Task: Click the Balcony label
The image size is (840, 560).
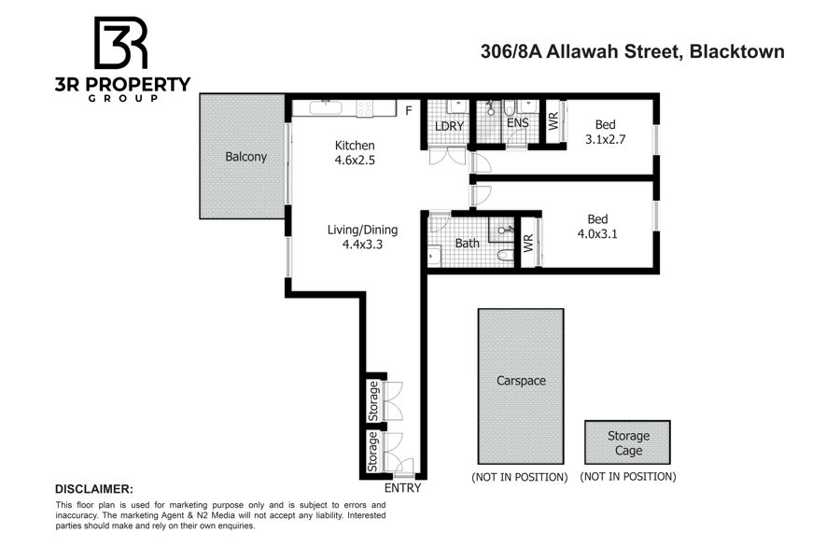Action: pyautogui.click(x=245, y=157)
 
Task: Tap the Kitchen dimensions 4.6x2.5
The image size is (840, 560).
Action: pyautogui.click(x=355, y=160)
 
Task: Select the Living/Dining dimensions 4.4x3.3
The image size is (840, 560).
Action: pyautogui.click(x=363, y=245)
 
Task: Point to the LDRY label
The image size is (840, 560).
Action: pyautogui.click(x=449, y=126)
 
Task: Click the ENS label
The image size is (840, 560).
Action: pyautogui.click(x=518, y=122)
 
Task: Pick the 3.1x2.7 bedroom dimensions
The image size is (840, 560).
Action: pyautogui.click(x=606, y=139)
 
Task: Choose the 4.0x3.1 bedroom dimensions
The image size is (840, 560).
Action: pyautogui.click(x=597, y=233)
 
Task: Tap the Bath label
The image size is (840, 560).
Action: pyautogui.click(x=468, y=244)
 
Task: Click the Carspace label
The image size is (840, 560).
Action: pyautogui.click(x=521, y=381)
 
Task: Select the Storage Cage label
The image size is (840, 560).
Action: pyautogui.click(x=628, y=443)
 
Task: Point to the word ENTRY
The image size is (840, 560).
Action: pyautogui.click(x=403, y=488)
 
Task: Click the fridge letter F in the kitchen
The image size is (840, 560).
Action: pyautogui.click(x=409, y=111)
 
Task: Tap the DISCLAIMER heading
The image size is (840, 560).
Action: pyautogui.click(x=93, y=489)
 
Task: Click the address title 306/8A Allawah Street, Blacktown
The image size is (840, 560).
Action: pyautogui.click(x=633, y=51)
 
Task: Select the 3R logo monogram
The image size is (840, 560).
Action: pyautogui.click(x=121, y=43)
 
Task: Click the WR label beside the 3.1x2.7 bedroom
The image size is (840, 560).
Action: pyautogui.click(x=553, y=121)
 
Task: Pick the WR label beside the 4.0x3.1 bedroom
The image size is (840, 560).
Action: pyautogui.click(x=528, y=244)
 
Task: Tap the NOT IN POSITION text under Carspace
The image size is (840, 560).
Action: pyautogui.click(x=520, y=477)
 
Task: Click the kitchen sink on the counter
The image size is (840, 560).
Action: pyautogui.click(x=325, y=107)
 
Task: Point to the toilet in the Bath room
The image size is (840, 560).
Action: pyautogui.click(x=505, y=255)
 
